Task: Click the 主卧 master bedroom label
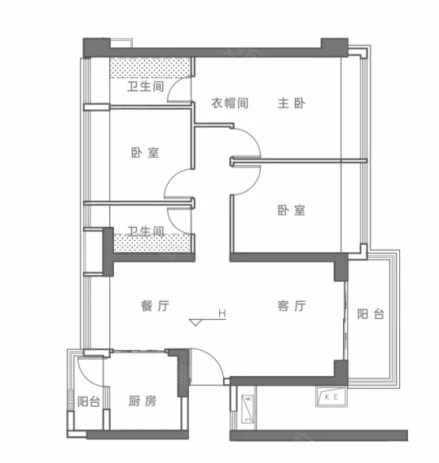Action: pos(292,103)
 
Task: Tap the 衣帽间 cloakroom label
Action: pos(230,103)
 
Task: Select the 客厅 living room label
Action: pos(292,306)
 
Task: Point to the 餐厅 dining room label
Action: pos(156,306)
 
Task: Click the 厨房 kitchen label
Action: pos(143,401)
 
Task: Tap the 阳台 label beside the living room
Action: pos(371,314)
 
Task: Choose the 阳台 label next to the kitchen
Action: pos(89,402)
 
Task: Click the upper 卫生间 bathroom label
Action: pos(146,86)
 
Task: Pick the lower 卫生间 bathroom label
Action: pos(146,231)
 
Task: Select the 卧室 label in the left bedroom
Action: pos(145,153)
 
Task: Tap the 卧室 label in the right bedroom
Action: pos(292,210)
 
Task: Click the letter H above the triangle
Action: pos(222,313)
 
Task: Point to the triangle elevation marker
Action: pos(195,322)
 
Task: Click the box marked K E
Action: pos(331,396)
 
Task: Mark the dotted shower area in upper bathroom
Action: pos(150,68)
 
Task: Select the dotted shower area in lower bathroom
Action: pos(151,243)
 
